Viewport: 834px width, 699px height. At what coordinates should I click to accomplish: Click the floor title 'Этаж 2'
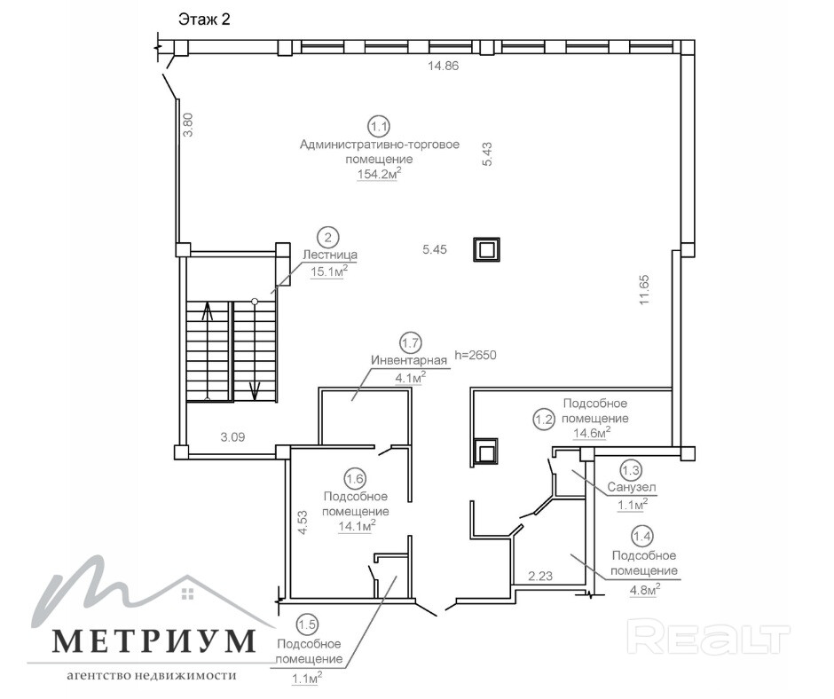(204, 20)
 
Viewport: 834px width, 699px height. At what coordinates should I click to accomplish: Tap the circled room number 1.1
(379, 127)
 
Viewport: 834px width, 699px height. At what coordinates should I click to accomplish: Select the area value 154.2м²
(379, 174)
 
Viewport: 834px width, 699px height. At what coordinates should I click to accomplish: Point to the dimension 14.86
(443, 66)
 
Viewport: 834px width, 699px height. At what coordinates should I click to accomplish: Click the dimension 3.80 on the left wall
(188, 125)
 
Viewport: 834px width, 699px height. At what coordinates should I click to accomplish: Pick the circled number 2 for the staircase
(328, 238)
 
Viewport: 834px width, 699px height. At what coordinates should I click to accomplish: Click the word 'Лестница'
(330, 255)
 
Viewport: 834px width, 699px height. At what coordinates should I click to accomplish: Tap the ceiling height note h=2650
(476, 355)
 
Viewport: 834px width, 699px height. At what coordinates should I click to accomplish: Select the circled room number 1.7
(411, 343)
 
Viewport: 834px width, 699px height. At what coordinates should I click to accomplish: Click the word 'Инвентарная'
(409, 361)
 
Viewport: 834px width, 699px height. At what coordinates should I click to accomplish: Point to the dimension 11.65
(645, 289)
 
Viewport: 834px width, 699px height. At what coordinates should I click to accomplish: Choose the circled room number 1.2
(544, 420)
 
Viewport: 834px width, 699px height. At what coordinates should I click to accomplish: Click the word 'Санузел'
(632, 487)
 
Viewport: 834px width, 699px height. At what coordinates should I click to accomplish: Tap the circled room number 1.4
(642, 536)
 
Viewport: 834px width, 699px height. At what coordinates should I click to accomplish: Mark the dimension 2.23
(540, 576)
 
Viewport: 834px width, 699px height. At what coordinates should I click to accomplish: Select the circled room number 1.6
(355, 479)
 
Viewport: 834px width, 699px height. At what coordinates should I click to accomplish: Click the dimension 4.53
(303, 522)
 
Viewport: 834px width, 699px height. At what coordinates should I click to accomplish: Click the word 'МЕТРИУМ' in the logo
(153, 641)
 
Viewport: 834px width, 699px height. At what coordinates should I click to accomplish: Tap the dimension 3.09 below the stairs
(233, 437)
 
